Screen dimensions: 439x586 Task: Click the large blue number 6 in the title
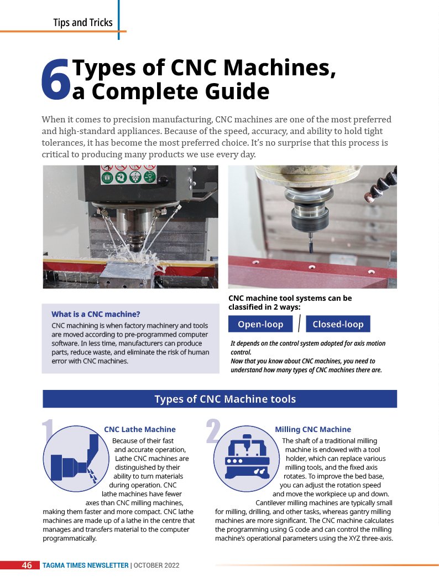coord(56,80)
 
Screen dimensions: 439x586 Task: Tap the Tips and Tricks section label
coord(83,22)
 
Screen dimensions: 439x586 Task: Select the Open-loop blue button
coord(261,324)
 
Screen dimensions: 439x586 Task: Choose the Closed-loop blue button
coord(338,324)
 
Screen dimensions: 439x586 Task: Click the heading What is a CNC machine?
coord(96,314)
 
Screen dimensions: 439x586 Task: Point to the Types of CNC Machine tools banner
coord(219,399)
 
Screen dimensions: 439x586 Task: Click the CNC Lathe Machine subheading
coord(140,429)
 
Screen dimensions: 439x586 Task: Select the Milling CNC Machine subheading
coord(313,429)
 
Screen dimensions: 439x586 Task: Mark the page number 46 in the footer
coord(27,565)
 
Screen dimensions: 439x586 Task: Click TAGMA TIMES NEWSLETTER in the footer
coord(85,566)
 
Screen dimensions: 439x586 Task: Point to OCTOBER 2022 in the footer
coord(156,566)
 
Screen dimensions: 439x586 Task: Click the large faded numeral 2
coord(213,431)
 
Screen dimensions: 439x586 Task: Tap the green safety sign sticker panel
coord(129,174)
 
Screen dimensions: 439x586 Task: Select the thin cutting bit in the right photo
coord(311,242)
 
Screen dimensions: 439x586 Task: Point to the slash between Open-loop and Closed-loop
coord(300,323)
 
